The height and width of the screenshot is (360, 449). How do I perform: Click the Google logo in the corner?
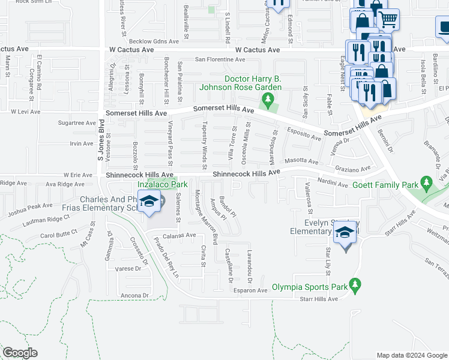[x=20, y=353]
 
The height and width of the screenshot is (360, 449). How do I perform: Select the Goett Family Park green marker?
[x=427, y=181]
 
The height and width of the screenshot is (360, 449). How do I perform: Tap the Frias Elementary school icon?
[x=148, y=202]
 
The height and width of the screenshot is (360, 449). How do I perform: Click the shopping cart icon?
[x=388, y=19]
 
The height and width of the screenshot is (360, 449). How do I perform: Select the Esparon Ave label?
[x=250, y=290]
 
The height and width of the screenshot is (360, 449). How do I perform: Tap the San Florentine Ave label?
[x=220, y=59]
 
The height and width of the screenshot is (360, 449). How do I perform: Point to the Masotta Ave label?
[x=301, y=161]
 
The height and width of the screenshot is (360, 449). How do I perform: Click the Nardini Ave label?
[x=333, y=185]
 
